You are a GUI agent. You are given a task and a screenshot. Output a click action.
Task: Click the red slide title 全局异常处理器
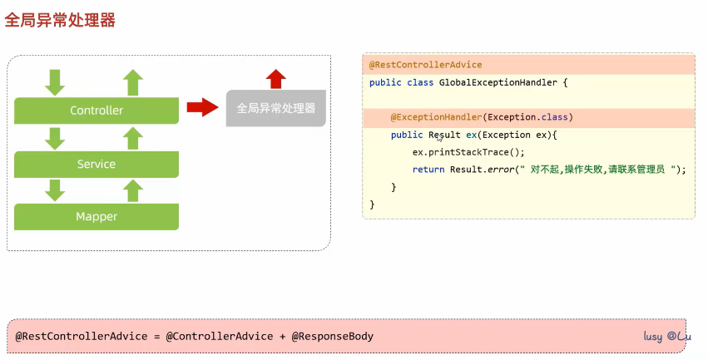[60, 20]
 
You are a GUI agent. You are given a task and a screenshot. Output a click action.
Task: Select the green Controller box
[97, 111]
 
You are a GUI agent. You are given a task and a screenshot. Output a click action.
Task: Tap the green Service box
[97, 164]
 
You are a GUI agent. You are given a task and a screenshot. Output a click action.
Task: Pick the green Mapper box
[97, 217]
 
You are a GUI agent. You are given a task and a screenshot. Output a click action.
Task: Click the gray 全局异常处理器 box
[276, 108]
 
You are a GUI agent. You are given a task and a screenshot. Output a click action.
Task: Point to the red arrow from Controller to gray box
[202, 107]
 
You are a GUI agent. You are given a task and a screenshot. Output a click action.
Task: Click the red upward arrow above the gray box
[276, 79]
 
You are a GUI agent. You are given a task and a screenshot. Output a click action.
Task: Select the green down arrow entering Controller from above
[55, 82]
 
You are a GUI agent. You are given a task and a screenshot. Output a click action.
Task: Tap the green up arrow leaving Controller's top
[133, 82]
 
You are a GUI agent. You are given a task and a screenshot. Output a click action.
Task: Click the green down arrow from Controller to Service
[55, 138]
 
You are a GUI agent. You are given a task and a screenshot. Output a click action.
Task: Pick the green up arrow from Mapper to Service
[133, 190]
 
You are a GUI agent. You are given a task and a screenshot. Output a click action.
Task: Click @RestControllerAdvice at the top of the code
[426, 65]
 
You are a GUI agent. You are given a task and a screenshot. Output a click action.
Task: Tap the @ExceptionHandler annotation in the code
[435, 117]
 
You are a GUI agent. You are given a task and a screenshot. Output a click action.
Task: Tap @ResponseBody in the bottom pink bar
[333, 337]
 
